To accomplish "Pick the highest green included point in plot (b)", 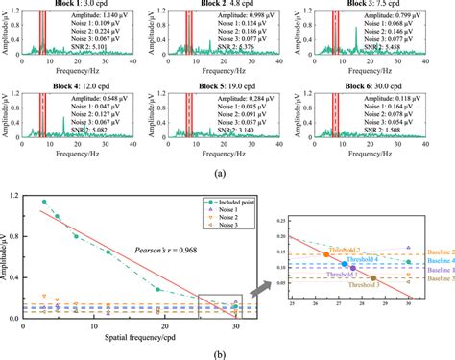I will click(44, 202).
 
